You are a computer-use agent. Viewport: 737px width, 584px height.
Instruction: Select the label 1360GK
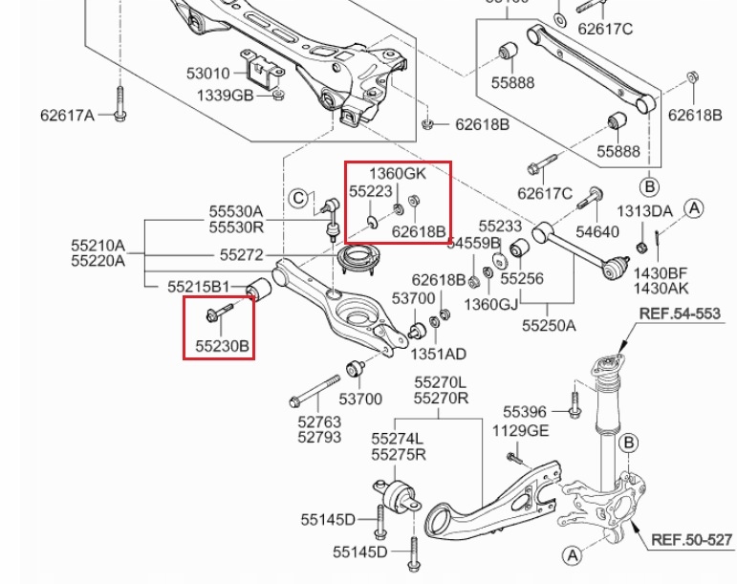(x=398, y=173)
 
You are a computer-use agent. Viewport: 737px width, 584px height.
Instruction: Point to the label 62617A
(x=67, y=116)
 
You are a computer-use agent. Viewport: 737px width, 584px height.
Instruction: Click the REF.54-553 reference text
(x=680, y=313)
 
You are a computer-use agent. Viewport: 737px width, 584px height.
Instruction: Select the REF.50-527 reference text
(x=691, y=540)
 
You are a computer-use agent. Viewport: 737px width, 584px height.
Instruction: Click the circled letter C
(x=299, y=199)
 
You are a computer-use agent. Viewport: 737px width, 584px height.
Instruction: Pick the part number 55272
(x=241, y=255)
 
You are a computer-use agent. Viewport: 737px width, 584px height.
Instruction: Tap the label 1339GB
(x=225, y=96)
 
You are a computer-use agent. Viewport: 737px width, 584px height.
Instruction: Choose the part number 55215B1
(x=198, y=286)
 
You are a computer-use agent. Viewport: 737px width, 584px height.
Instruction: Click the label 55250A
(x=549, y=325)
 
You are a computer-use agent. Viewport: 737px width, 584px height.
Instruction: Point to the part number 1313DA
(x=643, y=211)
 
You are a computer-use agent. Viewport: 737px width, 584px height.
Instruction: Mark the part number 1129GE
(x=521, y=431)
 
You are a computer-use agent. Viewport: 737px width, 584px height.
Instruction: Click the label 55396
(x=525, y=412)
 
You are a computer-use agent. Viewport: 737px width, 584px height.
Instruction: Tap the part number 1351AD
(x=437, y=354)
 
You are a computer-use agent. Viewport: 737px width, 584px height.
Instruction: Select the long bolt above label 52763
(x=316, y=391)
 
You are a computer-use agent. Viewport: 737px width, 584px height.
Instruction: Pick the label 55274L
(x=399, y=438)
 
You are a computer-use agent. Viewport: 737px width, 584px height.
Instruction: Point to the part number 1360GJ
(x=490, y=304)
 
